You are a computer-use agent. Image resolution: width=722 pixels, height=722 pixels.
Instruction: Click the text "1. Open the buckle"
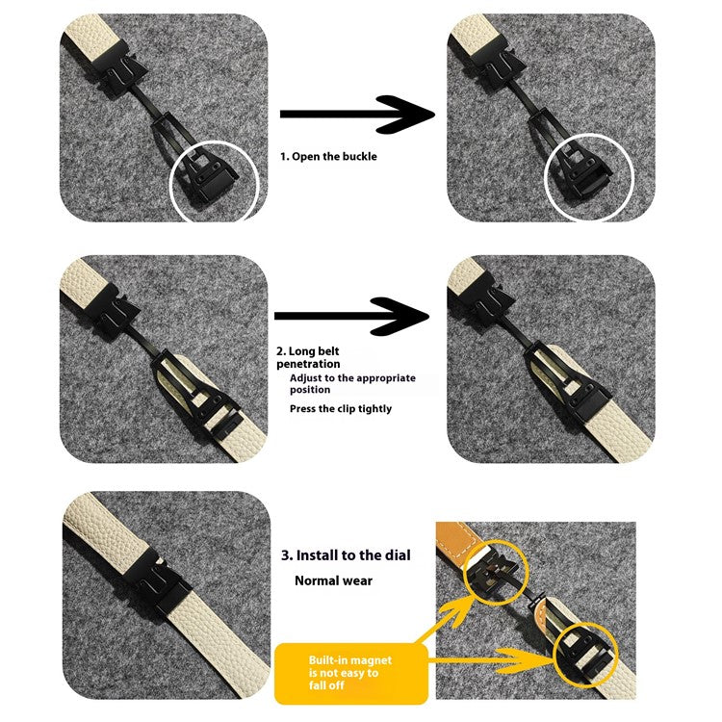pos(328,156)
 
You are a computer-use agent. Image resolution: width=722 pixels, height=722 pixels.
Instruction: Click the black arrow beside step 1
pos(356,114)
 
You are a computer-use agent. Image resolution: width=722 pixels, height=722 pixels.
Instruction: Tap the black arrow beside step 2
pos(351,316)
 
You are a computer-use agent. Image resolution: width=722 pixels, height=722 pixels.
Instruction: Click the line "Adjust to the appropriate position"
pos(352,384)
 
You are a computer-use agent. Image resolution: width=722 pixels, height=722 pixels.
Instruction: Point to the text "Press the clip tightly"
pos(341,409)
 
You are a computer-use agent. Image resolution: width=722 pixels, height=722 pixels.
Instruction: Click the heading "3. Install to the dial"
pos(346,555)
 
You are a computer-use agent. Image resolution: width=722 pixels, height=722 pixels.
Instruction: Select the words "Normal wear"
pos(333,581)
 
